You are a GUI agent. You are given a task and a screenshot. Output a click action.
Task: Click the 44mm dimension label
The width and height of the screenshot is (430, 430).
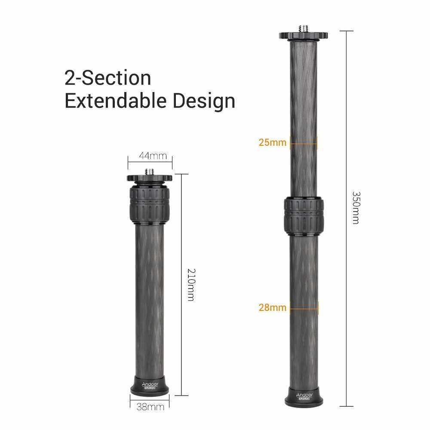(x=153, y=156)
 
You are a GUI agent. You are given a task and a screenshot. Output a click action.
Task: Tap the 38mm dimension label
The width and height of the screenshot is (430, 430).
(x=150, y=407)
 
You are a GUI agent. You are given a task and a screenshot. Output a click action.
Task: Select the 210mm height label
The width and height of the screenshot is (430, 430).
(x=191, y=285)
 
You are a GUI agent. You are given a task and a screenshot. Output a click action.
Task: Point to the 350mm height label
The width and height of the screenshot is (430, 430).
(x=356, y=208)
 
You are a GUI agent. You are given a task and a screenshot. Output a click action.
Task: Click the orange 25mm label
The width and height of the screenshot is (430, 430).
(x=272, y=142)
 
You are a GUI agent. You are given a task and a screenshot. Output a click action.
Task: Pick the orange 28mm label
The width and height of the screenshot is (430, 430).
(x=272, y=307)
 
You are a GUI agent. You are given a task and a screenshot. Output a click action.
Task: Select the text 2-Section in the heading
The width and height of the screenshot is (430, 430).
(x=108, y=78)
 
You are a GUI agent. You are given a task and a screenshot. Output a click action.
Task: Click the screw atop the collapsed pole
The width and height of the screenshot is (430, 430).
(x=150, y=172)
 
